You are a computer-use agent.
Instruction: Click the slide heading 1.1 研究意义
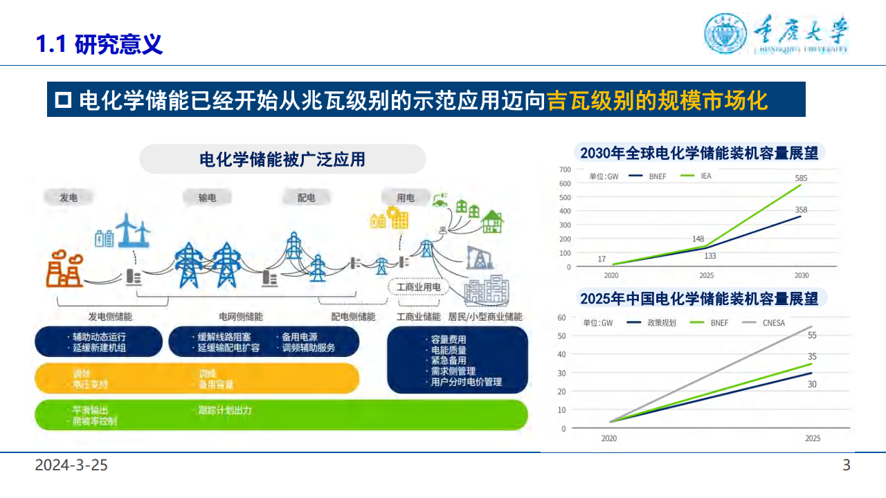(x=99, y=44)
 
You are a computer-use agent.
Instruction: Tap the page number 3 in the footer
(x=846, y=465)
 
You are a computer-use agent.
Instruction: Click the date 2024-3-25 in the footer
(x=72, y=465)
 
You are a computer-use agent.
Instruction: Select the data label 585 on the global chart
(x=801, y=178)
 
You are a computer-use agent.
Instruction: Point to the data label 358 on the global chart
(x=801, y=210)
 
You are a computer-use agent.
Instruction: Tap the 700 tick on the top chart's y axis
(x=565, y=169)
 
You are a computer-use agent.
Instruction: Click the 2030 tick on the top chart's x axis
(x=801, y=275)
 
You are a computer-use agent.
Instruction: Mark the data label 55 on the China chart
(x=812, y=335)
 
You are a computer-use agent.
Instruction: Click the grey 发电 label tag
(x=69, y=198)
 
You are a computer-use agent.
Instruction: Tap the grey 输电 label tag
(x=207, y=198)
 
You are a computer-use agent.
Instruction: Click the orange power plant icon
(x=64, y=270)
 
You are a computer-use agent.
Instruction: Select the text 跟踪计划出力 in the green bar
(x=224, y=410)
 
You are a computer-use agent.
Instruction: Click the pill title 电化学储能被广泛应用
(x=282, y=159)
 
